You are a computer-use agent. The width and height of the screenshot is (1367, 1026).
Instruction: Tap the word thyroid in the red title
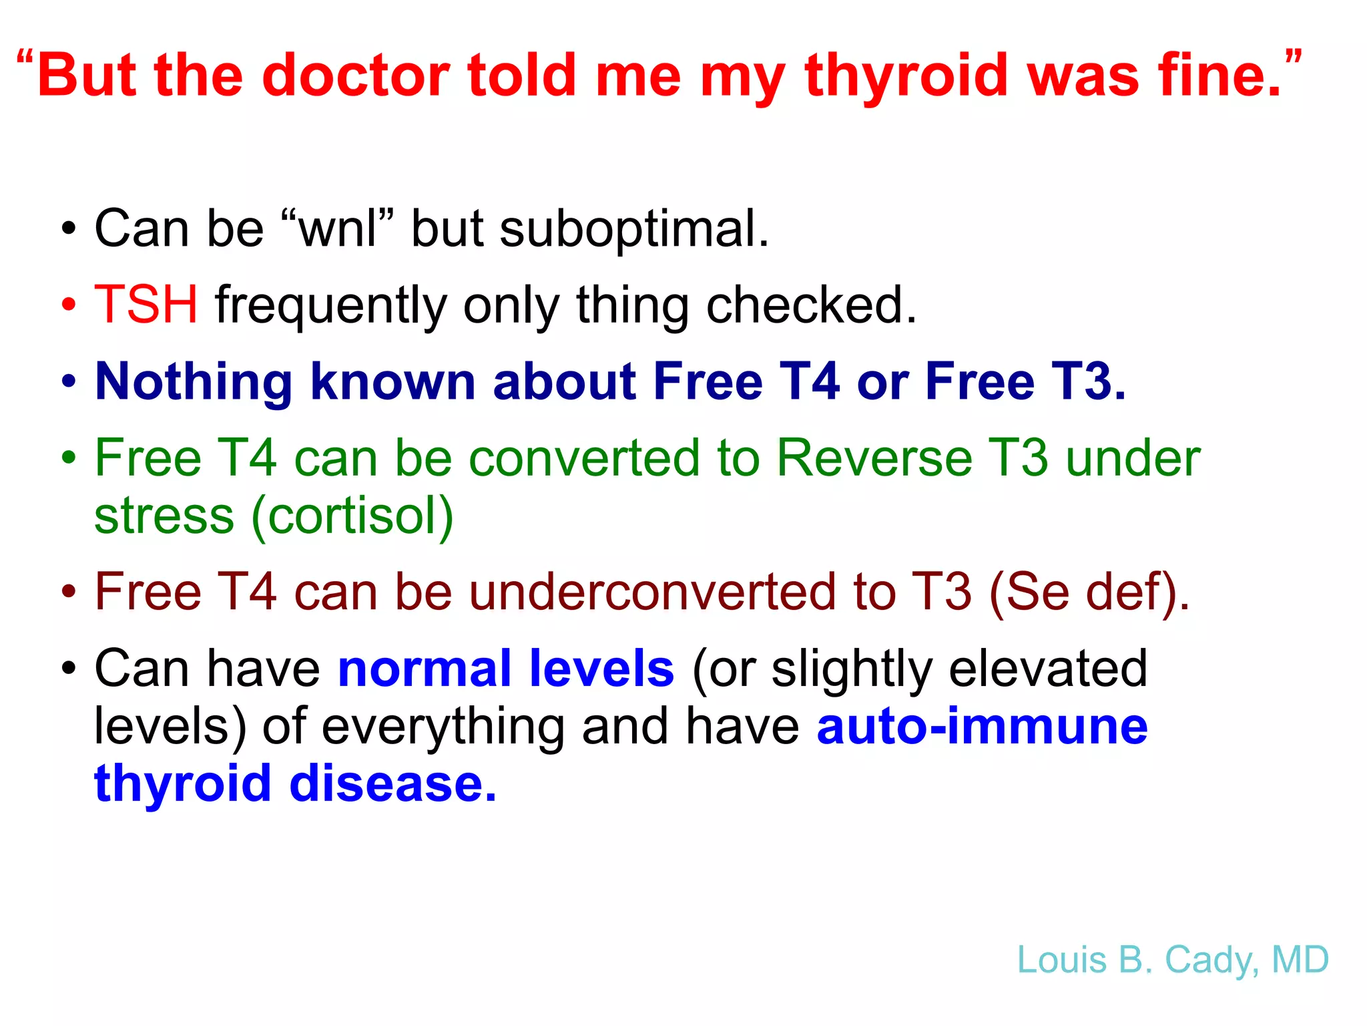(906, 76)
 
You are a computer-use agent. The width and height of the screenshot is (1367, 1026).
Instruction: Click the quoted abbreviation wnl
(337, 228)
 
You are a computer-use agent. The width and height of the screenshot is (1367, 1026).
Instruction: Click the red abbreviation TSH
(146, 305)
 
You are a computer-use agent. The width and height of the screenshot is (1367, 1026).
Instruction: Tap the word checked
(811, 305)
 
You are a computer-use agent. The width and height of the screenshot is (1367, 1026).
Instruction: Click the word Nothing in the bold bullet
(194, 381)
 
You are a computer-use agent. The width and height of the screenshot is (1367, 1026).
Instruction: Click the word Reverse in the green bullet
(874, 458)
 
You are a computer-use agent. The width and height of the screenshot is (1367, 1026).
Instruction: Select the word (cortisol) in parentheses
(352, 516)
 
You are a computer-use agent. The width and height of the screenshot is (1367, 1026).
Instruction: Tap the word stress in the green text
(164, 517)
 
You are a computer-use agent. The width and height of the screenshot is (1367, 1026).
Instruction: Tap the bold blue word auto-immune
(982, 725)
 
